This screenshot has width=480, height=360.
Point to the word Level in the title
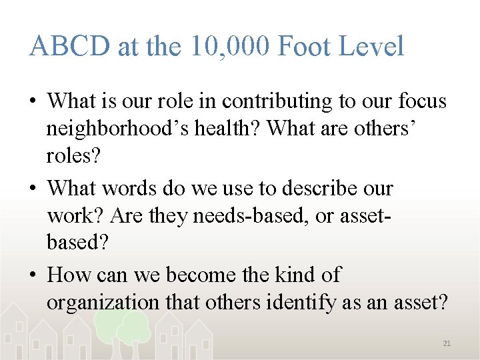click(x=373, y=47)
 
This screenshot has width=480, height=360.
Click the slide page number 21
click(x=447, y=343)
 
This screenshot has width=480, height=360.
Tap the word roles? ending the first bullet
click(x=72, y=155)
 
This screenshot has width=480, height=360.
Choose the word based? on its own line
click(x=77, y=242)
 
